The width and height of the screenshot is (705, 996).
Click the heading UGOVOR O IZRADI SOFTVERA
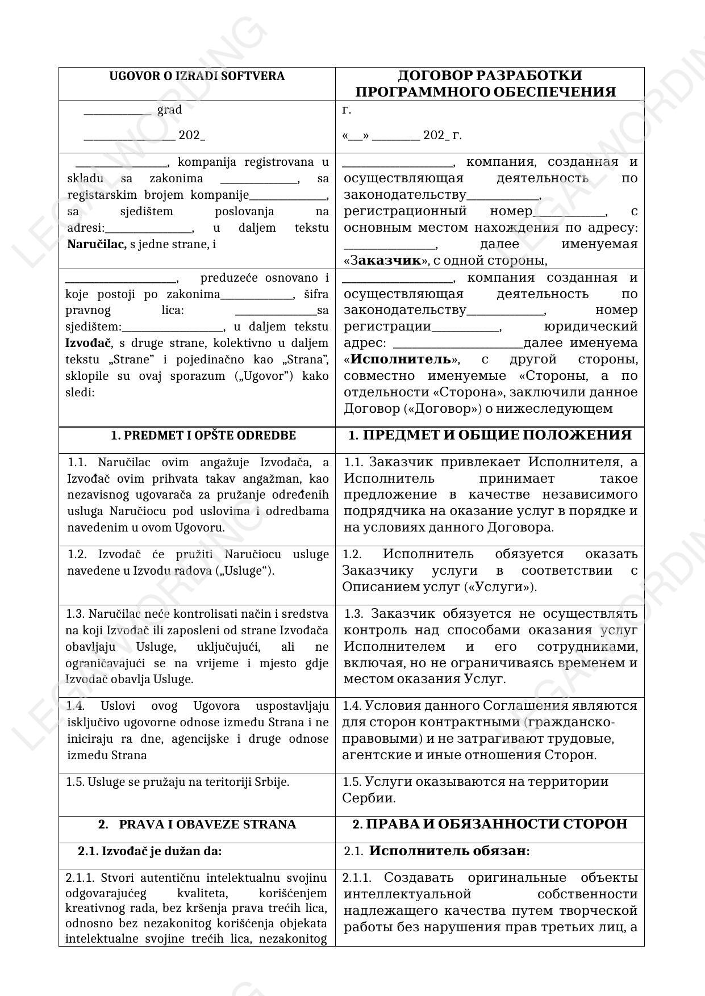click(197, 76)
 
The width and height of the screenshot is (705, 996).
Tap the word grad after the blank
click(169, 110)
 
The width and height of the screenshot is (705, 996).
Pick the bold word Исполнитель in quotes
click(401, 359)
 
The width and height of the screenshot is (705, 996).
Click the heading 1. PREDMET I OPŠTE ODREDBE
click(203, 436)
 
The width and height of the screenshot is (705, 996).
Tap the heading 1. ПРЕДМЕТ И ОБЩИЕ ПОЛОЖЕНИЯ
click(490, 435)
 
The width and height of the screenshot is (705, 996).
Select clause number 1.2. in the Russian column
click(352, 554)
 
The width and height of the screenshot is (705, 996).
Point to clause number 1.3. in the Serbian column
click(76, 614)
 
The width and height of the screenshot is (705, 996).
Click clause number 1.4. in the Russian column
click(352, 706)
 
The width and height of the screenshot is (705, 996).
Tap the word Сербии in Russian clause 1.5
click(369, 798)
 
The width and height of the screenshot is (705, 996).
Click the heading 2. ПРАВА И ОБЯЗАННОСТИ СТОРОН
click(490, 824)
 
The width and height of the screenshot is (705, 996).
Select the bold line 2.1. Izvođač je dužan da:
click(149, 851)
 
